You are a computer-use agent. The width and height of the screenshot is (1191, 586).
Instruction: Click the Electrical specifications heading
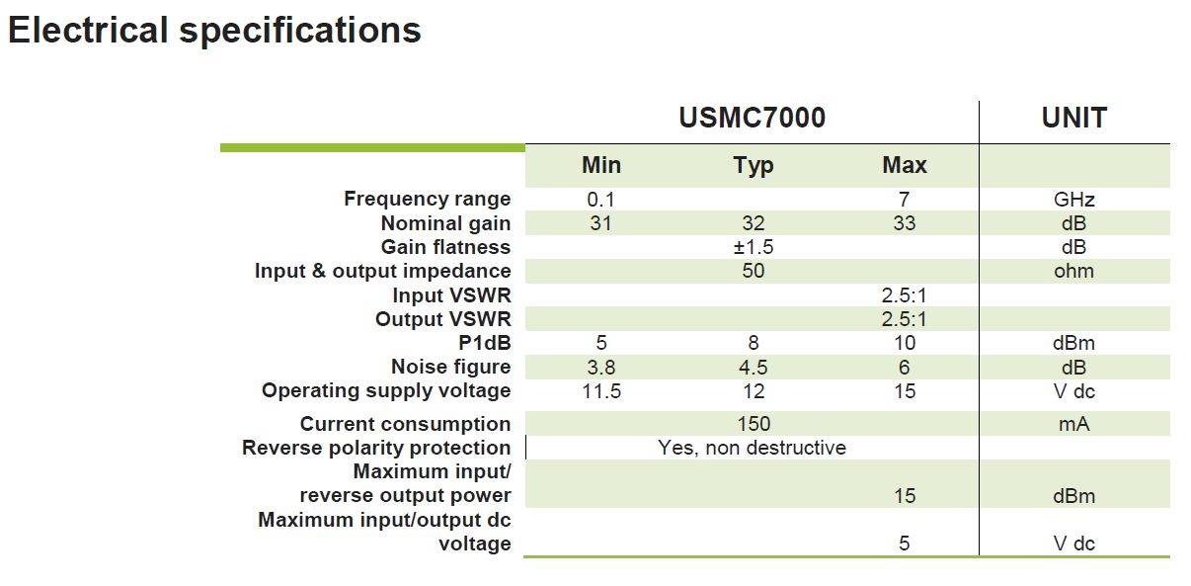(214, 31)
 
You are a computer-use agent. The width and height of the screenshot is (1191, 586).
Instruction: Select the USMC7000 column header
(752, 118)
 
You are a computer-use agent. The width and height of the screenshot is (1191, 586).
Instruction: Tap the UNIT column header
(1074, 118)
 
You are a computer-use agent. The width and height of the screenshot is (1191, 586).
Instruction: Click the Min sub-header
(601, 165)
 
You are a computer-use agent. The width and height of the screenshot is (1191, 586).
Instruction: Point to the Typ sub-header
(753, 166)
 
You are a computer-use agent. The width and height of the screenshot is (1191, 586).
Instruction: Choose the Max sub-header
(905, 165)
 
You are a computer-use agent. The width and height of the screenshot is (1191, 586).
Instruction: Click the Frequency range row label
(428, 199)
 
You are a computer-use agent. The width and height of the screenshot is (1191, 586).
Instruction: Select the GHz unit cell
(1074, 200)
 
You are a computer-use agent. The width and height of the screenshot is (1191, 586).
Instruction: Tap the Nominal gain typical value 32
(754, 223)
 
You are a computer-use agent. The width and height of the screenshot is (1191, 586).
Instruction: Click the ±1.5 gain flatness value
(754, 247)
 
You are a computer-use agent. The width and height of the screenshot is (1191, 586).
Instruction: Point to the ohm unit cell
(1074, 271)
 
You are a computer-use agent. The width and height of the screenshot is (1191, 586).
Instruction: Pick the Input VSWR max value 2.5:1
(904, 294)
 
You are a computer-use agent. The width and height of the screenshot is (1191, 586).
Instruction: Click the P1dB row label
(484, 343)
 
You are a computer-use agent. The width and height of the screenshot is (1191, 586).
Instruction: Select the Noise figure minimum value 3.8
(601, 368)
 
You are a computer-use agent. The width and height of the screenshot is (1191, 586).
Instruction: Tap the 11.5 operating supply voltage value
(601, 391)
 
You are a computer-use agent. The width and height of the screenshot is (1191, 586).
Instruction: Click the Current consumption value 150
(754, 424)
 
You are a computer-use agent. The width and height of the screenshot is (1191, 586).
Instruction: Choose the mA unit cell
(1074, 424)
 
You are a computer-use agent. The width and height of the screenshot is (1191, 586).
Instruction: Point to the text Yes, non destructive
(752, 448)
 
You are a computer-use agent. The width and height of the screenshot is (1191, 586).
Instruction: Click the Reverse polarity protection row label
(376, 449)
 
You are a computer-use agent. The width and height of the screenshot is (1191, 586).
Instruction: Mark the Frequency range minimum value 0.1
(600, 200)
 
